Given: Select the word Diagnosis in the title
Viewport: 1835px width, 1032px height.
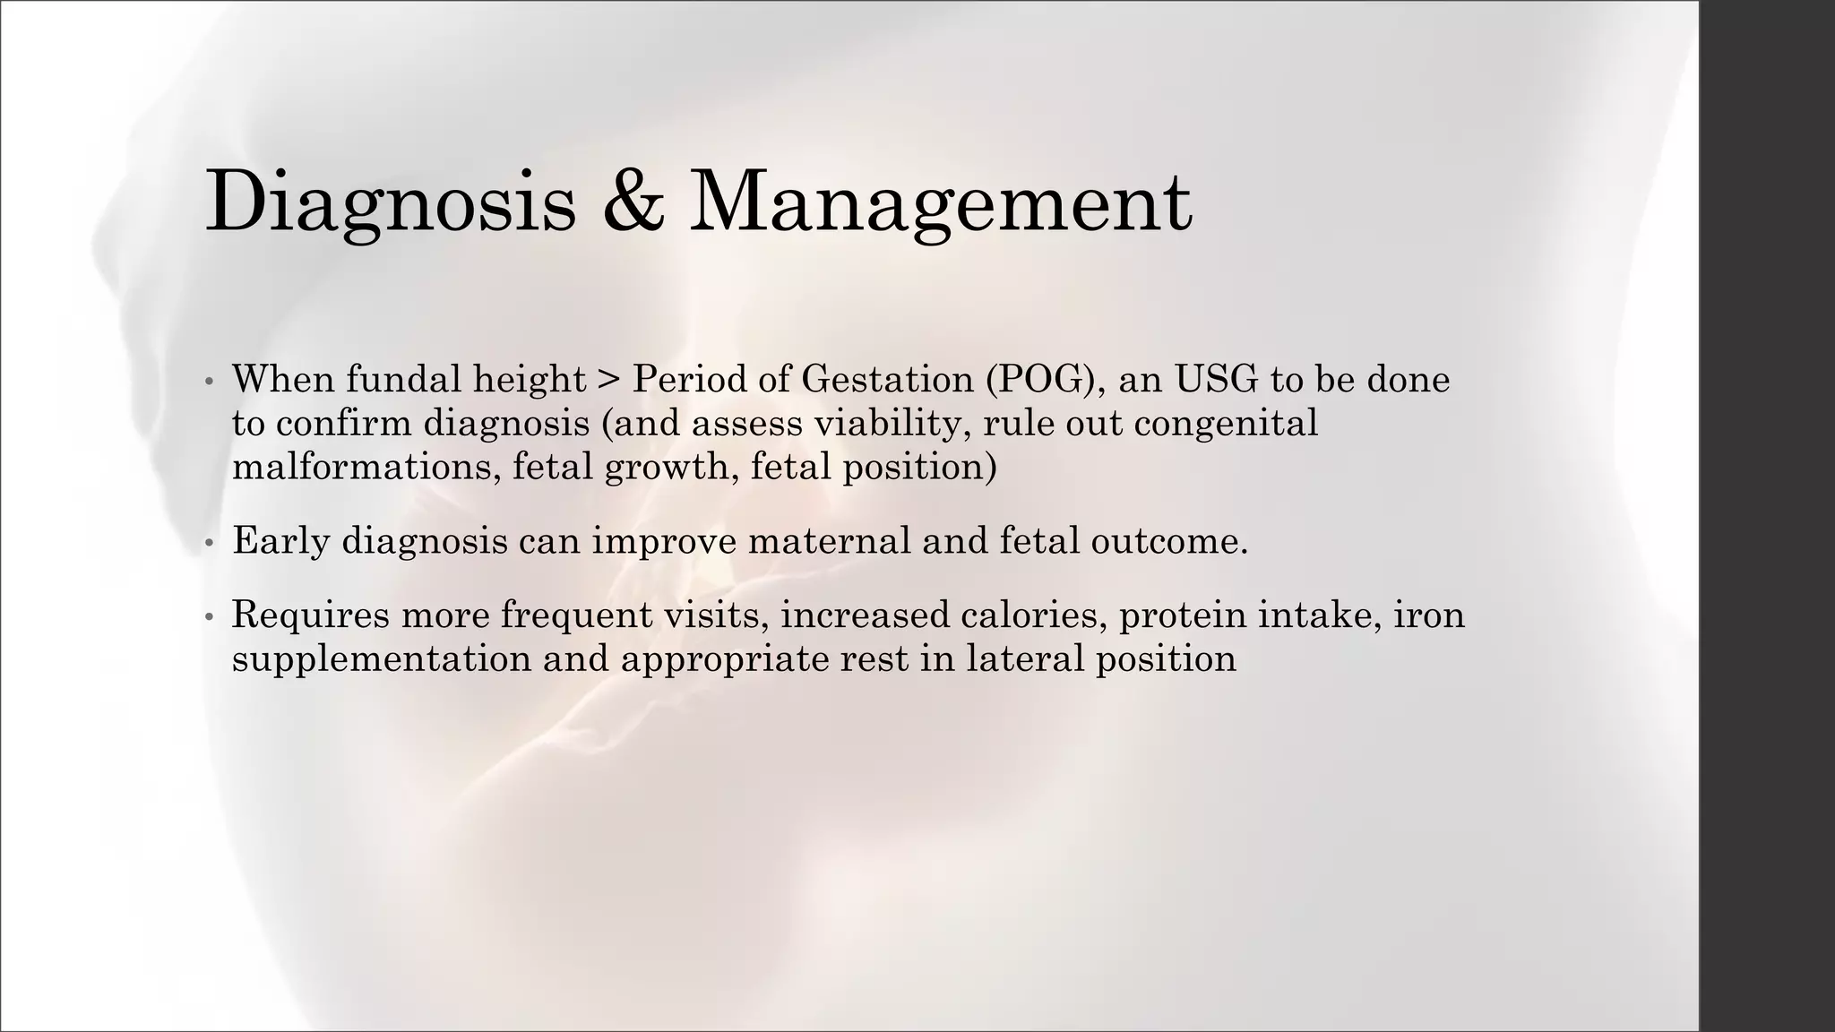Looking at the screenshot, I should (x=391, y=204).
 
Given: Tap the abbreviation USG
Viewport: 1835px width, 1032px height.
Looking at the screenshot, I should (x=1216, y=379).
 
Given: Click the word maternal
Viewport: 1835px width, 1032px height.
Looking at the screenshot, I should (x=829, y=540).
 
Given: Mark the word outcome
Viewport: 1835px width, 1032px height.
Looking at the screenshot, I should (x=1168, y=540).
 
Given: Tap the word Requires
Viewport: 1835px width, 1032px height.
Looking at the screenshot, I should (x=311, y=615).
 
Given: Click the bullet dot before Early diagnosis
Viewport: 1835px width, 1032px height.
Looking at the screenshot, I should (x=209, y=544).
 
